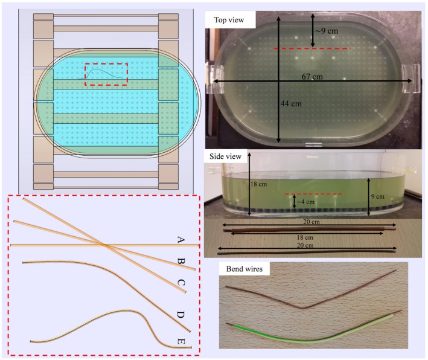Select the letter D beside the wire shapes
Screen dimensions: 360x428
(x=180, y=314)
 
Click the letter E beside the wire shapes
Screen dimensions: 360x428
(x=180, y=342)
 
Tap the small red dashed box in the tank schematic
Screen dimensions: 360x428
(x=106, y=74)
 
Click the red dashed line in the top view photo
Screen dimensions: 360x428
(x=310, y=48)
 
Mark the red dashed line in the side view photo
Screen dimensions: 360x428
(x=314, y=194)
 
